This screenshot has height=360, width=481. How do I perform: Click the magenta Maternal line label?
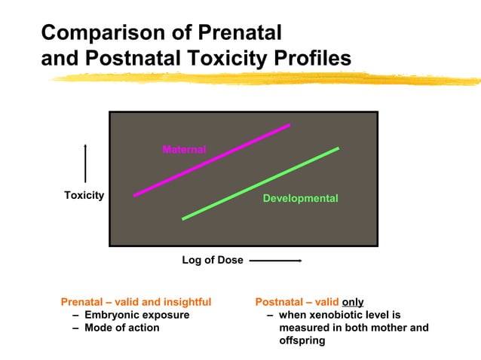tap(184, 149)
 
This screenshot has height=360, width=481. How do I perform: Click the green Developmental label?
tap(300, 198)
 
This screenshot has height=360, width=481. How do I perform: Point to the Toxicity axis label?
tap(84, 195)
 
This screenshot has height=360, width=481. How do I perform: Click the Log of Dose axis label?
tap(213, 260)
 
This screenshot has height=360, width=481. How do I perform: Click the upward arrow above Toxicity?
tap(85, 162)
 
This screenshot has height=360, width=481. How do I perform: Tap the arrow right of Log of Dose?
tap(275, 261)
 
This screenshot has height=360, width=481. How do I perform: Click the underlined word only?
tap(353, 301)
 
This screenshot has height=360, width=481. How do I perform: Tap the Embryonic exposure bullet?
tap(136, 315)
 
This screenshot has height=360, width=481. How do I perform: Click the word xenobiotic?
tap(338, 315)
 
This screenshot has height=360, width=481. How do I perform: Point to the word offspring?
tap(302, 340)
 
